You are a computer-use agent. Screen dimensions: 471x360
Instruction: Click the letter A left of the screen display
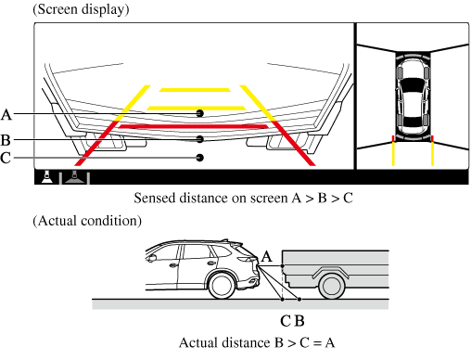click(6, 115)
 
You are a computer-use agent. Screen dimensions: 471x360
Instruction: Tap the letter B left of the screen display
click(6, 140)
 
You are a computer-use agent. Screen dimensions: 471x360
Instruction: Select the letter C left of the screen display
click(6, 158)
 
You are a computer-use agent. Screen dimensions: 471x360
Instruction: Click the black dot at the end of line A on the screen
click(200, 113)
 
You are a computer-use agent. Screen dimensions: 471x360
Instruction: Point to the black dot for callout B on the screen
click(200, 139)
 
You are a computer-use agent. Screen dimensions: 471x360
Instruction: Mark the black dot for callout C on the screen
click(200, 158)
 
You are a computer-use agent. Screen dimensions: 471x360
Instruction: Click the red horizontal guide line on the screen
click(194, 126)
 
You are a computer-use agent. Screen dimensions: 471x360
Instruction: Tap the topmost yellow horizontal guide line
click(195, 90)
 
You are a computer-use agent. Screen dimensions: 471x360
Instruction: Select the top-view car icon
click(413, 96)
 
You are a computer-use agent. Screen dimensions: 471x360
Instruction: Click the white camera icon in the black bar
click(46, 177)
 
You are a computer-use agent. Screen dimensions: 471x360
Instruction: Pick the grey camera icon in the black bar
click(74, 177)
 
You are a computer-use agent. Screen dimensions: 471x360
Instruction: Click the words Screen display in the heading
click(82, 9)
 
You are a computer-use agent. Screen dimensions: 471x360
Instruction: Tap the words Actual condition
click(87, 221)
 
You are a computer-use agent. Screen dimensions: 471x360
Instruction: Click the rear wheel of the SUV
click(222, 286)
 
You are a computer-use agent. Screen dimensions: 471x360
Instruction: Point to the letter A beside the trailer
click(267, 257)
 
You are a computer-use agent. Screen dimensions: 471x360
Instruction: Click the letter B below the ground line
click(299, 321)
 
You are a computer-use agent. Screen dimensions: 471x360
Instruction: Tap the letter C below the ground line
click(286, 321)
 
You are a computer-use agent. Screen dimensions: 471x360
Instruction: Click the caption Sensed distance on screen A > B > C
click(243, 198)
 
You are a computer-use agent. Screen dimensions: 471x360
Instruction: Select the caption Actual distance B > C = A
click(257, 342)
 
